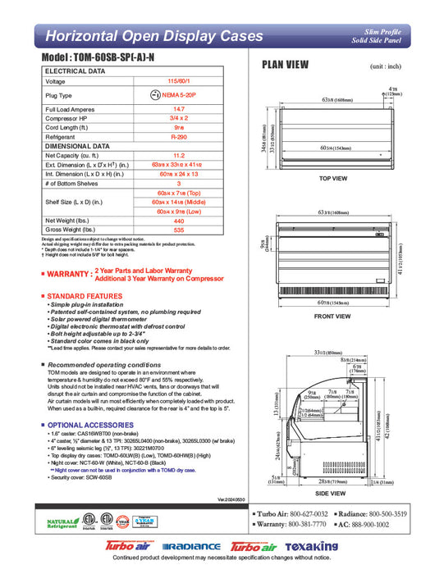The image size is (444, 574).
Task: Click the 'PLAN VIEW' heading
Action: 285,66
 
